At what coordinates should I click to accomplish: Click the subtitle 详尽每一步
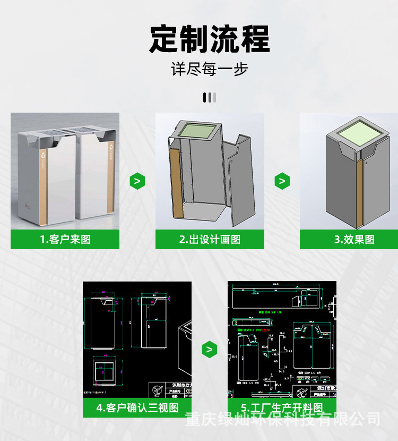pos(209,69)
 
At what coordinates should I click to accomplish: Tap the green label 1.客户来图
pos(65,239)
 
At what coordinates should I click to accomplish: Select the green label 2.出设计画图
pos(210,239)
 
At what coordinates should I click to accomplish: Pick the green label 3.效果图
pos(354,239)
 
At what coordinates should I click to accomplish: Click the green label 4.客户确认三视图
pos(137,408)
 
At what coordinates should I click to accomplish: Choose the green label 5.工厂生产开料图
pos(282,408)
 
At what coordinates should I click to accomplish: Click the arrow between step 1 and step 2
pos(137,181)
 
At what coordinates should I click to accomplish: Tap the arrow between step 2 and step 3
pos(282,181)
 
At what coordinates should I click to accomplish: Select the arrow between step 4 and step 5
pos(210,350)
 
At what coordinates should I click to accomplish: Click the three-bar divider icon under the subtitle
pos(210,97)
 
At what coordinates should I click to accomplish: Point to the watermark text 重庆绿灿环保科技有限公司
pos(282,419)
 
